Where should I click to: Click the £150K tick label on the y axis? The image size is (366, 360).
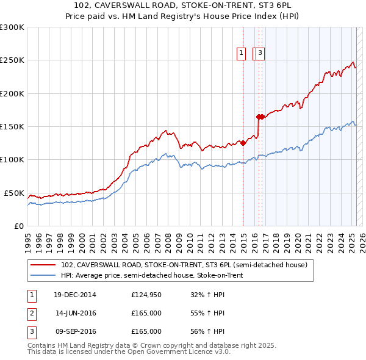12,126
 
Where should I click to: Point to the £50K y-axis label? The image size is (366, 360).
14,193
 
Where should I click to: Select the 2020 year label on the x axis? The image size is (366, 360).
297,239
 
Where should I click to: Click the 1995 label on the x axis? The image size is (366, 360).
27,239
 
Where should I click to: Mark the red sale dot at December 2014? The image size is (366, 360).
243,143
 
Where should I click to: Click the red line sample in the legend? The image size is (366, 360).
43,265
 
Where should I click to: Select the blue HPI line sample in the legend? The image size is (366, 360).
43,275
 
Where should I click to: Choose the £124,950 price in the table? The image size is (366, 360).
146,295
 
